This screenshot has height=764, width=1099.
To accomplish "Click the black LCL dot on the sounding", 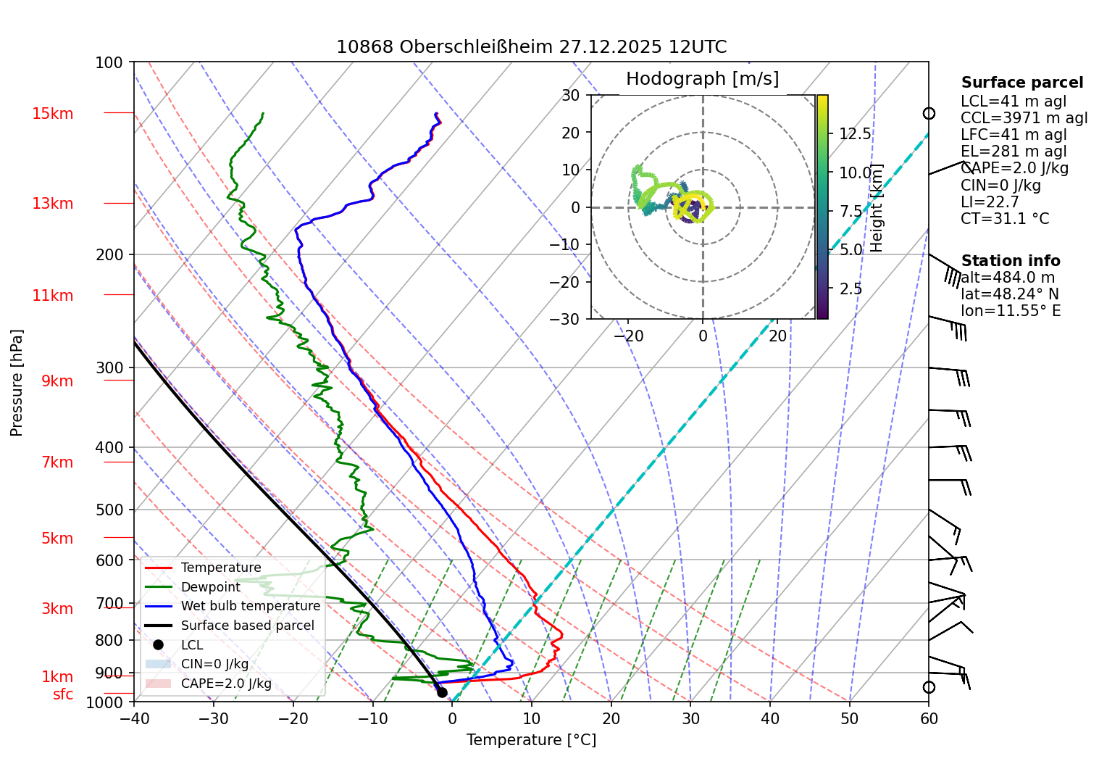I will (x=442, y=692).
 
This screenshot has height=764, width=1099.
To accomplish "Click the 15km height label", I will (x=52, y=114).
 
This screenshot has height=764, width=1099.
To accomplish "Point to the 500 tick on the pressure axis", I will (x=109, y=510).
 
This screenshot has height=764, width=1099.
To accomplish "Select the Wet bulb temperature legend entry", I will (x=250, y=606).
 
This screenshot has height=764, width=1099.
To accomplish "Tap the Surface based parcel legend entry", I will (x=247, y=626).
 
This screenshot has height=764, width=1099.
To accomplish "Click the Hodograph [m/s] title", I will (x=702, y=79).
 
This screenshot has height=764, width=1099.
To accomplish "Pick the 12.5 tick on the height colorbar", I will (x=855, y=134).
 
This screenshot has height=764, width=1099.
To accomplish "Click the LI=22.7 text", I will (x=990, y=202).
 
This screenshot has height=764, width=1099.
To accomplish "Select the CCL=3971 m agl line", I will (x=1024, y=118).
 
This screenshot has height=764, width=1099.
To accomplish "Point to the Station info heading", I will (x=1010, y=261).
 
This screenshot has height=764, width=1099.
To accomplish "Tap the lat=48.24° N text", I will (x=1009, y=294).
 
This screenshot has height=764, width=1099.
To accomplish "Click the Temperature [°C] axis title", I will (x=531, y=740).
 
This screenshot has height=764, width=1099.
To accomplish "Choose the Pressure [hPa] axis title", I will (x=17, y=383).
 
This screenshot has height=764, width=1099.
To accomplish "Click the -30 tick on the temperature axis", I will (x=213, y=719).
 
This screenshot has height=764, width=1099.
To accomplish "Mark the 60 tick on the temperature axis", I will (x=929, y=719).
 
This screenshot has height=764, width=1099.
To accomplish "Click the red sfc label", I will (x=63, y=694).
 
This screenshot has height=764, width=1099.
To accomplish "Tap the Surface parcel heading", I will (x=1021, y=83).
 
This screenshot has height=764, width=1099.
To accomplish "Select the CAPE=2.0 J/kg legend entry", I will (x=226, y=684).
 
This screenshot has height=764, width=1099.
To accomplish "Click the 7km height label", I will (x=57, y=462).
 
